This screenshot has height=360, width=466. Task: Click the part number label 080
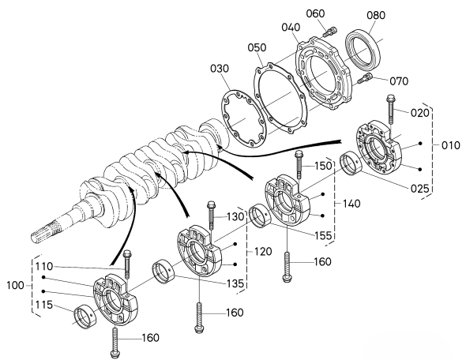coord(376,15)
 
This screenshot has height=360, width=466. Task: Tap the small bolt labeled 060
coord(329,32)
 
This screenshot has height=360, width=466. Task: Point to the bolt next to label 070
coord(364,78)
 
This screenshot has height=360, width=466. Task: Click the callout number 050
coord(257,47)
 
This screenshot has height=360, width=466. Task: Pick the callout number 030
coord(220,69)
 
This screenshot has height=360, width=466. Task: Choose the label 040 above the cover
coord(291,28)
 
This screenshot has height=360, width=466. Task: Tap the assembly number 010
coord(450,146)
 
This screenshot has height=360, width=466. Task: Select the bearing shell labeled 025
coord(350,163)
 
